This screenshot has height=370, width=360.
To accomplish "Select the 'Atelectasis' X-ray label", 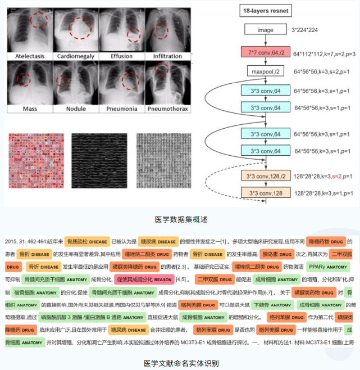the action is tap(26, 56).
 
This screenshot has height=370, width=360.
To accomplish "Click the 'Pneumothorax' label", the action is tap(167, 109).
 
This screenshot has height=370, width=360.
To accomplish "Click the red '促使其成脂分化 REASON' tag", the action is tap(144, 279).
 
